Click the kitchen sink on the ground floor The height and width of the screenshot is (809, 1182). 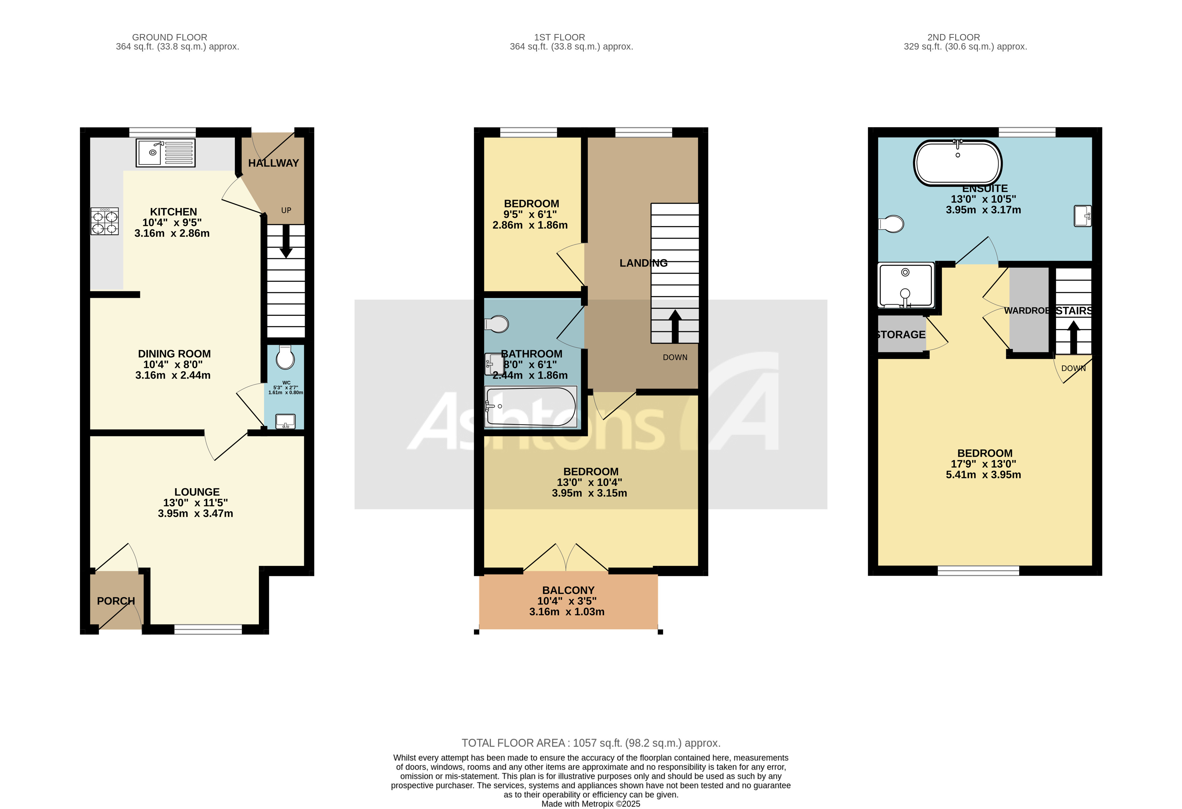pyautogui.click(x=165, y=153)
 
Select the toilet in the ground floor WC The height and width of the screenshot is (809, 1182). pyautogui.click(x=285, y=358)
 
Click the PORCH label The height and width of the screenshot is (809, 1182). pyautogui.click(x=116, y=601)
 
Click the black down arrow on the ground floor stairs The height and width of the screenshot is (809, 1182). pyautogui.click(x=286, y=242)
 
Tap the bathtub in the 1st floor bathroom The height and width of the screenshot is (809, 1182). pyautogui.click(x=531, y=407)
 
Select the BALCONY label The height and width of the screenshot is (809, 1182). pyautogui.click(x=568, y=590)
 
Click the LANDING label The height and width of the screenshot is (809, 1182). pyautogui.click(x=643, y=263)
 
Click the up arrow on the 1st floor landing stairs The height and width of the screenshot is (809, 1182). pyautogui.click(x=675, y=326)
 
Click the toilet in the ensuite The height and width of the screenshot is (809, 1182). pyautogui.click(x=891, y=224)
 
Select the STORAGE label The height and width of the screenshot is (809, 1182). pyautogui.click(x=901, y=335)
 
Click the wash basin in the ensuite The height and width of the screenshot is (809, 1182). pyautogui.click(x=1082, y=216)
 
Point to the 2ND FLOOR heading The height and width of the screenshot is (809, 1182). pyautogui.click(x=953, y=37)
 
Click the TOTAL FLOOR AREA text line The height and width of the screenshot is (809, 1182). pyautogui.click(x=590, y=743)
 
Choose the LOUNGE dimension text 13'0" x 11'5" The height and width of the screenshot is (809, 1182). pyautogui.click(x=195, y=503)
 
